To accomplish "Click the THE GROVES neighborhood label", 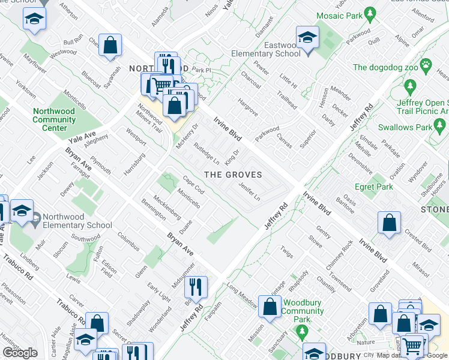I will [234, 175].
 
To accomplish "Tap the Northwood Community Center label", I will [54, 119].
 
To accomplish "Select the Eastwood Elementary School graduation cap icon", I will [307, 39].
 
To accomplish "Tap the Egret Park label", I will [374, 187].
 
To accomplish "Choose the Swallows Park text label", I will [405, 127].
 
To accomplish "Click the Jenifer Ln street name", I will [249, 193].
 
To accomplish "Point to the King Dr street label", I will [232, 158].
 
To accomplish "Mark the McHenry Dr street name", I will [187, 137].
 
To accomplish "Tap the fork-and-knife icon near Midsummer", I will [196, 286].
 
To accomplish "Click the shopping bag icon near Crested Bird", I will [390, 222].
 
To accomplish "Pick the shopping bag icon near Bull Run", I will [110, 44].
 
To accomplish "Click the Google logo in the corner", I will [20, 353].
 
